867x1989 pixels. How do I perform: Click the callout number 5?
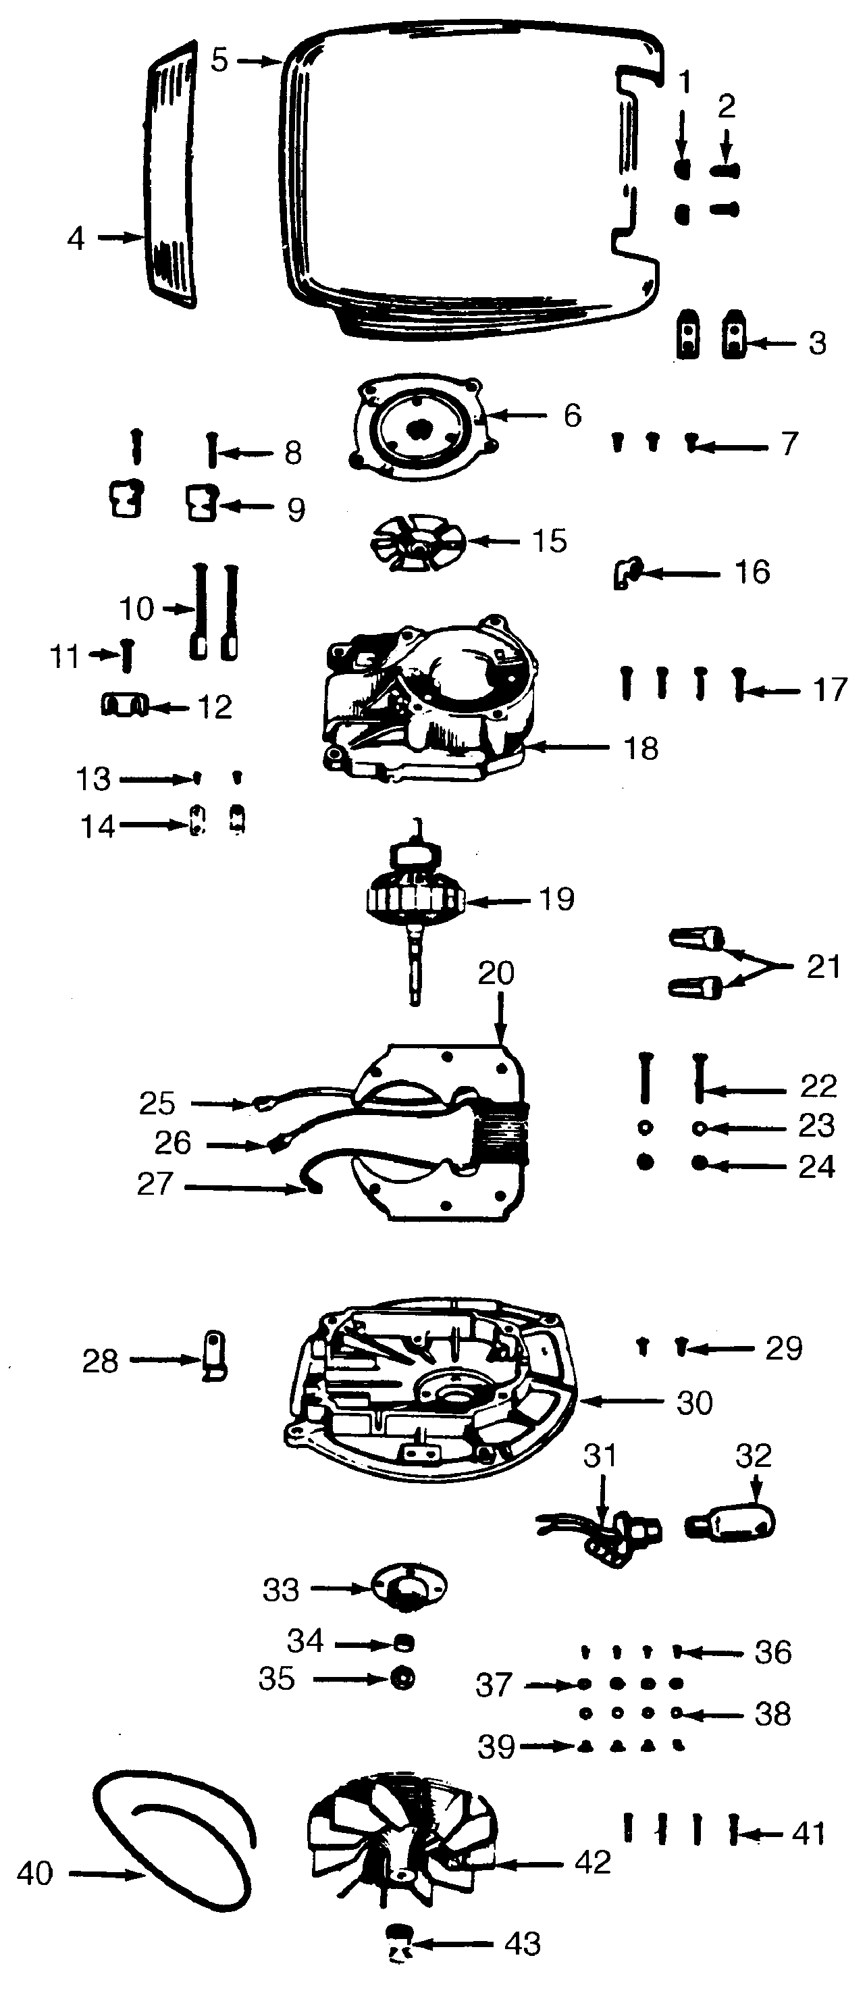220,60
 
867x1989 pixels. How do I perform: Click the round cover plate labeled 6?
421,429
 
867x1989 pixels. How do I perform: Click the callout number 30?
694,1403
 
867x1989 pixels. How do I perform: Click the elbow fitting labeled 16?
624,575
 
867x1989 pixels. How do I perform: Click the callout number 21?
823,966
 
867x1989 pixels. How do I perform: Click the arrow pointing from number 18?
567,747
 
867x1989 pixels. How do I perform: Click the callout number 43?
522,1944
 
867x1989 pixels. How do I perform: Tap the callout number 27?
155,1184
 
